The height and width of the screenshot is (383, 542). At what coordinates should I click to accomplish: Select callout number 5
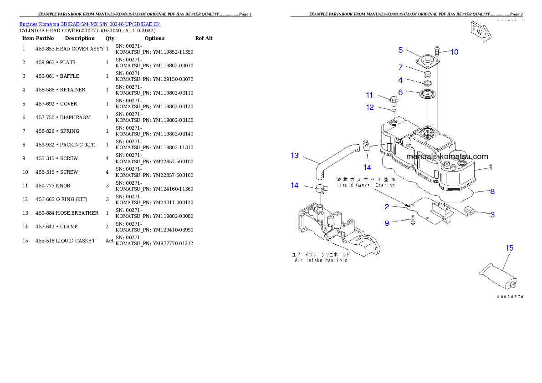tap(400, 50)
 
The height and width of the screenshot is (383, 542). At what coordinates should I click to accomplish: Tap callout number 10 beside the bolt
tap(454, 52)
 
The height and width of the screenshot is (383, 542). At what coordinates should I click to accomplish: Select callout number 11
tap(369, 95)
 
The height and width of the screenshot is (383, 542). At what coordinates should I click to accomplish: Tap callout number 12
tap(370, 107)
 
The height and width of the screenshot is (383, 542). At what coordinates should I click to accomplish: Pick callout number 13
tap(295, 156)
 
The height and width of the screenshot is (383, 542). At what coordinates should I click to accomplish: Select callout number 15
tap(510, 248)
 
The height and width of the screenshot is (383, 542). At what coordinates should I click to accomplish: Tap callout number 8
tap(492, 191)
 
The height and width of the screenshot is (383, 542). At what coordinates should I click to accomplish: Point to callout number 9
tap(387, 223)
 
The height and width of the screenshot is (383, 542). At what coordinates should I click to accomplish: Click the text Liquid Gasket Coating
tap(366, 185)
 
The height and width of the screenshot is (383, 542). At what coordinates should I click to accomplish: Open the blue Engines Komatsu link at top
tap(90, 24)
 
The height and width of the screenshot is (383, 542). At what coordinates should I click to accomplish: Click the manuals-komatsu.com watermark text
tap(446, 157)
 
